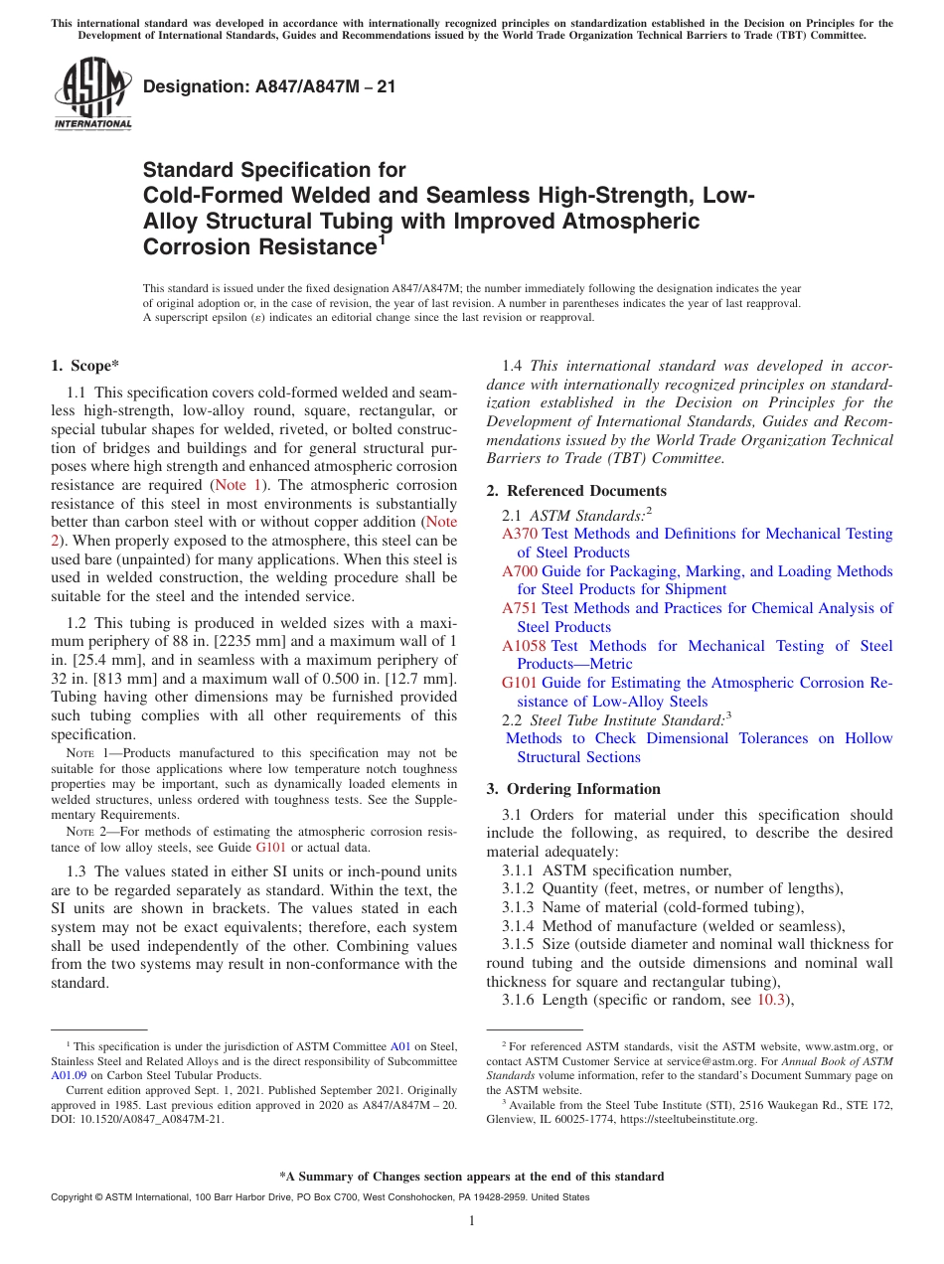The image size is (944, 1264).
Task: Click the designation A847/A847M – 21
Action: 269,86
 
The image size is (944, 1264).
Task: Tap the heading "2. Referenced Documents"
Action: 576,491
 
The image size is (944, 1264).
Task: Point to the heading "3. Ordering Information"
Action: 573,789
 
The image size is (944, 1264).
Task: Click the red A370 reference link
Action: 520,534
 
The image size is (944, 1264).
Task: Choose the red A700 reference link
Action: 520,571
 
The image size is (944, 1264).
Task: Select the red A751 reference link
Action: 520,608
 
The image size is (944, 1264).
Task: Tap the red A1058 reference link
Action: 524,646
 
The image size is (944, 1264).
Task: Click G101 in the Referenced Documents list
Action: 520,683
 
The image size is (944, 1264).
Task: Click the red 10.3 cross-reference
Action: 770,1000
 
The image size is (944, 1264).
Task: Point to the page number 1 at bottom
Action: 472,1220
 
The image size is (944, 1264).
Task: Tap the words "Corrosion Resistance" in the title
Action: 257,246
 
